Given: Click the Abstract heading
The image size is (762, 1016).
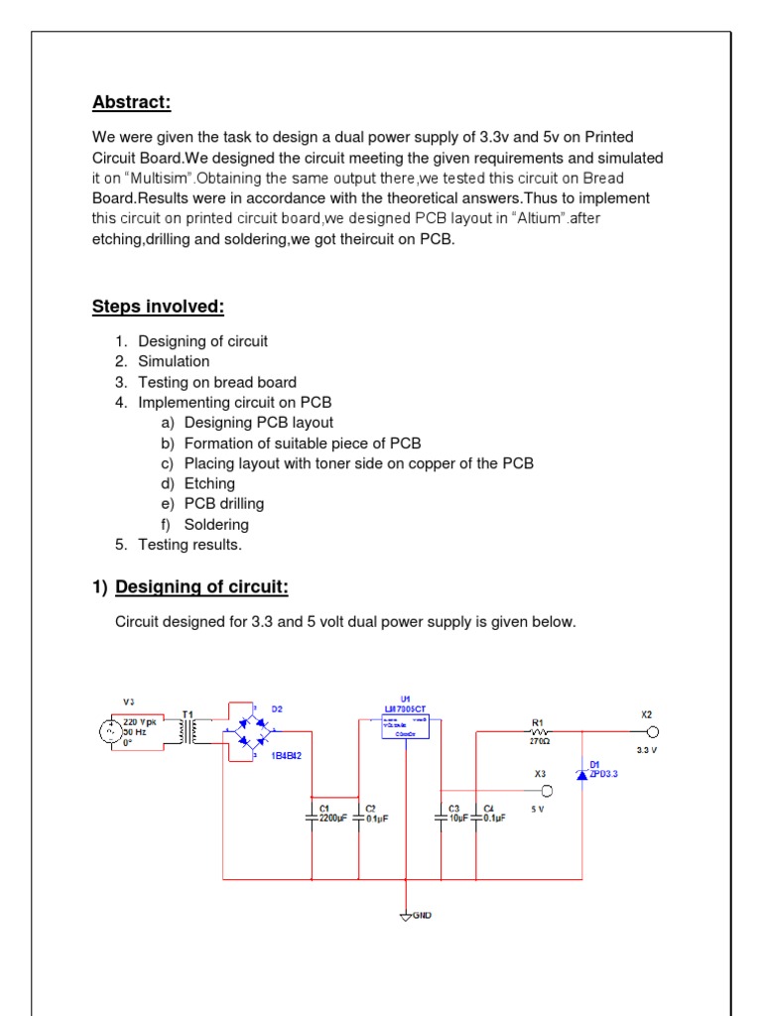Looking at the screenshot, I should (x=132, y=102).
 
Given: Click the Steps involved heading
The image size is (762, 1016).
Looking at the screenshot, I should (x=158, y=307).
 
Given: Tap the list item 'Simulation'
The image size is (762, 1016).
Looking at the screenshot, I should (x=174, y=362).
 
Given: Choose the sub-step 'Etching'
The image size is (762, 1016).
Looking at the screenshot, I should (x=209, y=484).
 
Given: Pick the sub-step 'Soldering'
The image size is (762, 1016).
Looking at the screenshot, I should (x=216, y=525).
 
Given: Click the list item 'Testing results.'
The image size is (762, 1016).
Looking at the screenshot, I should (x=190, y=545).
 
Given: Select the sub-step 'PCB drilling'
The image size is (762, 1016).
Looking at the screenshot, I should (x=224, y=504).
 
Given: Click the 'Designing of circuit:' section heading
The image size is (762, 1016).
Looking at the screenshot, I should (x=201, y=588).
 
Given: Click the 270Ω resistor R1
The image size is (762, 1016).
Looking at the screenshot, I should (x=539, y=731).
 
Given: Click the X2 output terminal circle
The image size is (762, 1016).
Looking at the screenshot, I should (x=653, y=732).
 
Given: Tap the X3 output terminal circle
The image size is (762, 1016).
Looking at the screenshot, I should (x=546, y=791).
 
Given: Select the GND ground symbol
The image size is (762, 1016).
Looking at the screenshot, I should (x=406, y=915).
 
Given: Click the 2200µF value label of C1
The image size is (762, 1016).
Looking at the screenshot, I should (x=332, y=820).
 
